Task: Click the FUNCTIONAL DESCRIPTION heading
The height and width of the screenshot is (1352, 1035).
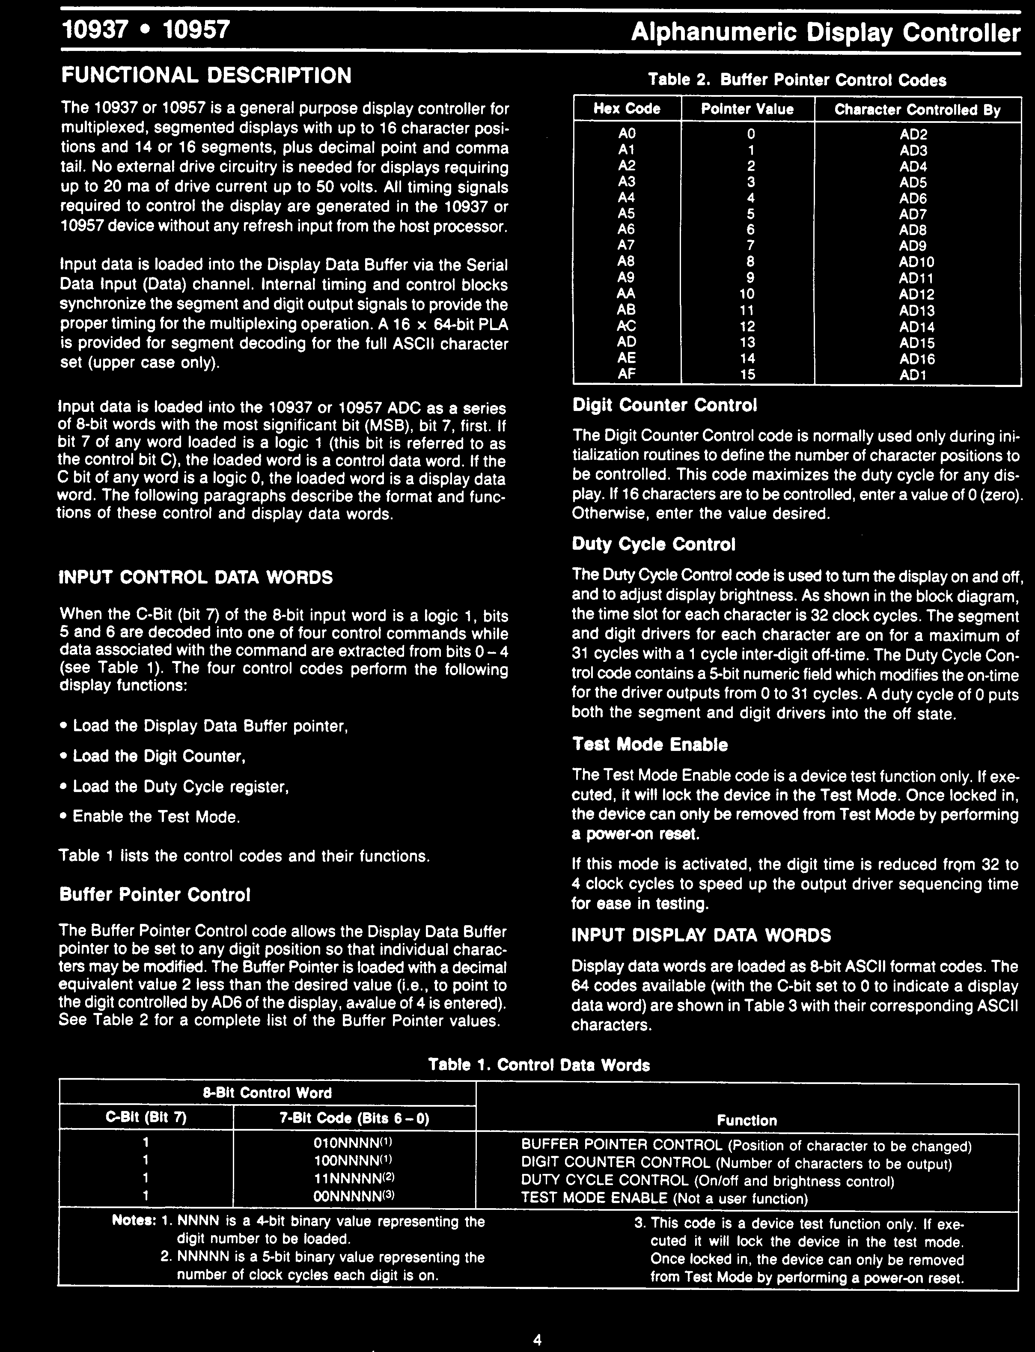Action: (x=206, y=76)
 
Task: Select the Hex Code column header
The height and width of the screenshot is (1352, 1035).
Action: (x=627, y=109)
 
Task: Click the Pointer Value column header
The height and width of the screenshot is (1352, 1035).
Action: (x=747, y=109)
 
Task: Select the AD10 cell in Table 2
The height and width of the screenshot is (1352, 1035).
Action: (x=917, y=262)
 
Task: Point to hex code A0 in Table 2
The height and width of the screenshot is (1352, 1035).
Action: (x=627, y=134)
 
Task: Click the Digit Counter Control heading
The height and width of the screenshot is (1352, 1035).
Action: (x=664, y=405)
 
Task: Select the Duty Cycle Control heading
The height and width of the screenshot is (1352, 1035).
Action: (x=654, y=545)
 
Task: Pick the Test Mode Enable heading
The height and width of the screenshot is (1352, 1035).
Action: (x=649, y=745)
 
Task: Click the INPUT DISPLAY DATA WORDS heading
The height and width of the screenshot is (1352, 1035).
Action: (x=701, y=935)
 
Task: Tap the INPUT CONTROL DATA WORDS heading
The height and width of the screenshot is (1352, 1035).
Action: (x=196, y=578)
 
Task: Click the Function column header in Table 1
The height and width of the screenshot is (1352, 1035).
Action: (x=746, y=1120)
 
